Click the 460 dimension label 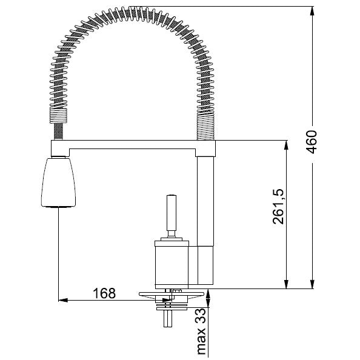[x=312, y=142]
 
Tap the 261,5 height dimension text [x=278, y=207]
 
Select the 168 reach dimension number [x=104, y=293]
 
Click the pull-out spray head [x=58, y=182]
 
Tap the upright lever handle [x=172, y=216]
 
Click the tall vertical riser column [x=205, y=221]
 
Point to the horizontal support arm [x=133, y=145]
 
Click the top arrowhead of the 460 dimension [x=312, y=10]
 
